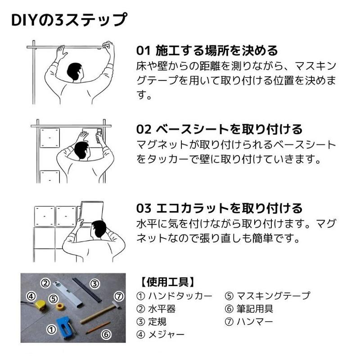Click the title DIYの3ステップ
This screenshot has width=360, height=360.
pyautogui.click(x=69, y=20)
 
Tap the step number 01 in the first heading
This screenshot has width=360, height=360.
pyautogui.click(x=143, y=50)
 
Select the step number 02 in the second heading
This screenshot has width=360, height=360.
pyautogui.click(x=144, y=129)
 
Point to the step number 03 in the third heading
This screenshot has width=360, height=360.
pyautogui.click(x=144, y=208)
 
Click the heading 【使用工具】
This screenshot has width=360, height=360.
pyautogui.click(x=167, y=282)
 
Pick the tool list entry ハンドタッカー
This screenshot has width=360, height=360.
pyautogui.click(x=180, y=296)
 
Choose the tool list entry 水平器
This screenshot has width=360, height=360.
pyautogui.click(x=162, y=309)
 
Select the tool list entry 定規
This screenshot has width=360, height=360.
pyautogui.click(x=157, y=322)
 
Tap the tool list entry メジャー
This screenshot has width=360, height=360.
pyautogui.click(x=166, y=334)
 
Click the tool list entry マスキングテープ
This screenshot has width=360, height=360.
pyautogui.click(x=274, y=296)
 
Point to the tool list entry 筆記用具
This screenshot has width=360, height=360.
pyautogui.click(x=255, y=309)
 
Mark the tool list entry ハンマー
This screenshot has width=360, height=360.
pyautogui.click(x=255, y=322)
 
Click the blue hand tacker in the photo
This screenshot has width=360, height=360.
pyautogui.click(x=66, y=325)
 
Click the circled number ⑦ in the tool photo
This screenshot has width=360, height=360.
pyautogui.click(x=119, y=297)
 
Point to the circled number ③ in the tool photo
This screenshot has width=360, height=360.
pyautogui.click(x=94, y=284)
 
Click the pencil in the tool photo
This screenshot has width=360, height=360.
pyautogui.click(x=98, y=328)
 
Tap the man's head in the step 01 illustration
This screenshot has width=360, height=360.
pyautogui.click(x=75, y=72)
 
